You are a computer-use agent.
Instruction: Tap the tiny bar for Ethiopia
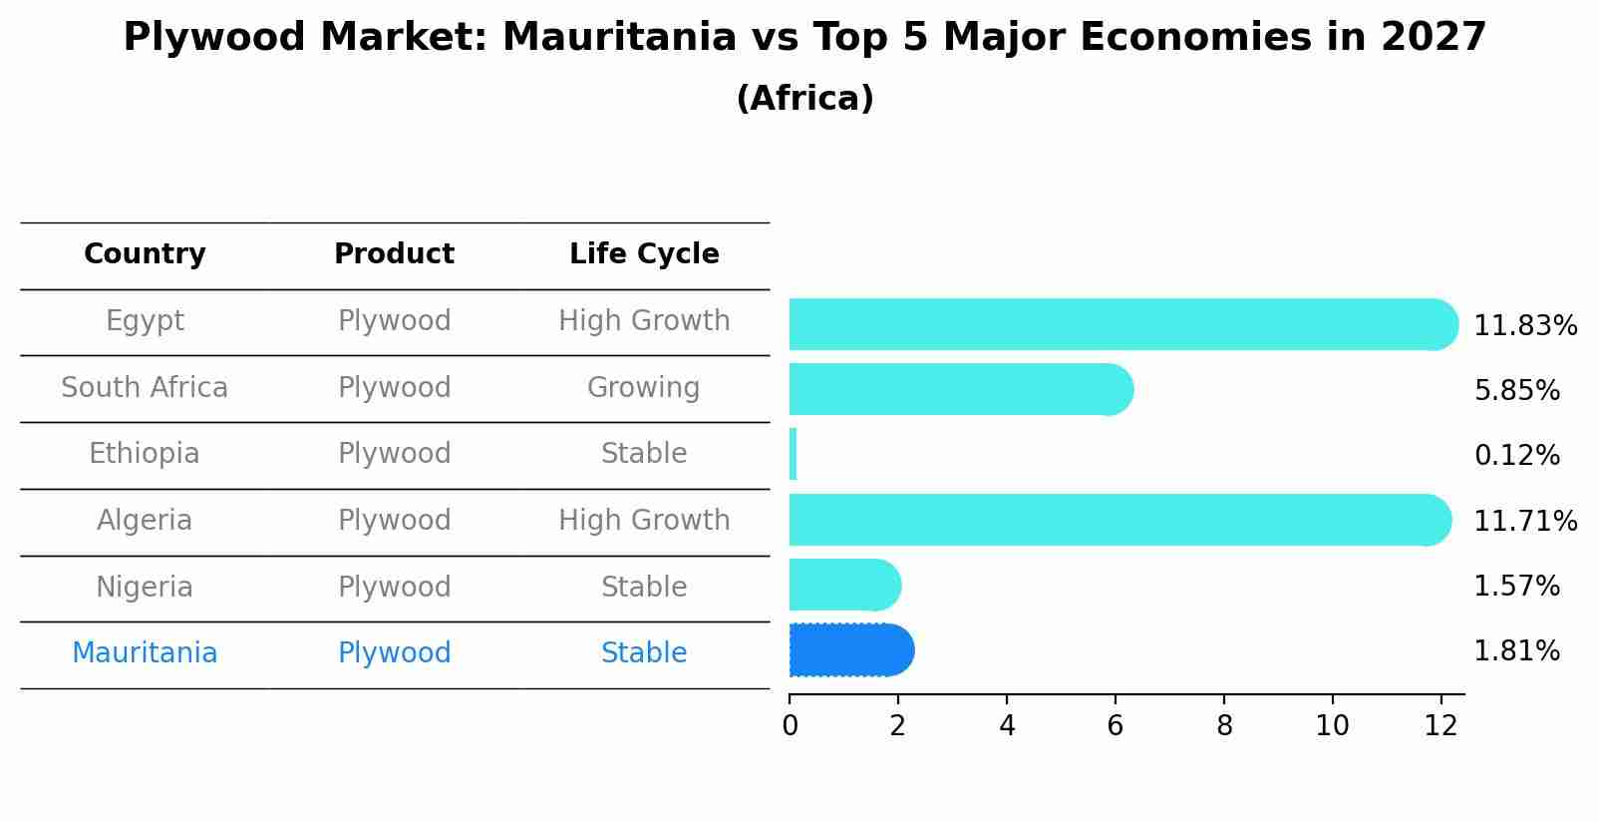[793, 454]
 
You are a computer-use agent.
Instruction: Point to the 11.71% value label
[1524, 521]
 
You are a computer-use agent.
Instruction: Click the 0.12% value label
[1516, 456]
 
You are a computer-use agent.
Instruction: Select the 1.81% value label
[1516, 651]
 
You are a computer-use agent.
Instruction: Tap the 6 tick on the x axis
[1115, 726]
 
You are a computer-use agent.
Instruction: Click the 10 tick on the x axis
[1332, 726]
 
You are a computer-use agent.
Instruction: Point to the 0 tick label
[790, 726]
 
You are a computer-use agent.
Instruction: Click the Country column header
[145, 254]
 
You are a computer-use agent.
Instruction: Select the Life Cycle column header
[644, 254]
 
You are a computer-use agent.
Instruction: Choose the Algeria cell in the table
[145, 521]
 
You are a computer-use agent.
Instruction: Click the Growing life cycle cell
[644, 387]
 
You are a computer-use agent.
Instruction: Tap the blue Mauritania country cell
[145, 653]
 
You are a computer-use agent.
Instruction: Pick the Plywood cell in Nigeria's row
[394, 587]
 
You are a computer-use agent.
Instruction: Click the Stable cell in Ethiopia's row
[644, 454]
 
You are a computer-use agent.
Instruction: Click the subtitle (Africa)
[804, 99]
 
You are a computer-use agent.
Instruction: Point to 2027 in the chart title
[1434, 38]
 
